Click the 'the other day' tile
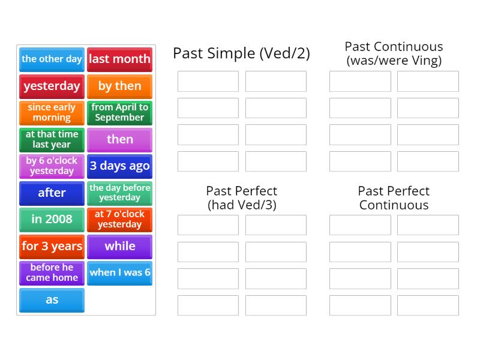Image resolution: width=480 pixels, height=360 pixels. click(x=52, y=59)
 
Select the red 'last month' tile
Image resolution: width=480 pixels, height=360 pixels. click(x=119, y=59)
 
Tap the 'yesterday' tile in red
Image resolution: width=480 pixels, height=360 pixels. click(x=52, y=86)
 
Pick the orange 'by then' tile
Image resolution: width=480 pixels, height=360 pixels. click(x=119, y=86)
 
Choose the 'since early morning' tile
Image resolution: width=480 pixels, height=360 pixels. click(x=52, y=113)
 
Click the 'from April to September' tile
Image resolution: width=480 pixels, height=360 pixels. click(x=119, y=113)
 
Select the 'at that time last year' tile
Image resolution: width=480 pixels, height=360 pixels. click(x=52, y=140)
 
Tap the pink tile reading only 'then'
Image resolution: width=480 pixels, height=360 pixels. click(x=119, y=140)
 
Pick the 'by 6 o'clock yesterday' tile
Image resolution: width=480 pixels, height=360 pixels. click(x=52, y=167)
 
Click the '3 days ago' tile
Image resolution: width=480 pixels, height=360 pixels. click(x=119, y=167)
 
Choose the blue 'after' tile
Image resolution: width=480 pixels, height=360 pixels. click(x=52, y=193)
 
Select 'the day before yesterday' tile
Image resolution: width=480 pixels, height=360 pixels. click(x=119, y=193)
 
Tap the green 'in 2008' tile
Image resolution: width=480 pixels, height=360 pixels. click(x=52, y=220)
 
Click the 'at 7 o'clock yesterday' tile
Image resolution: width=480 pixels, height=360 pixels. click(x=119, y=220)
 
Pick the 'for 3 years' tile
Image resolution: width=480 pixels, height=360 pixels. click(x=52, y=247)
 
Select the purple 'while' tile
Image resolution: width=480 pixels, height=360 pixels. click(x=119, y=247)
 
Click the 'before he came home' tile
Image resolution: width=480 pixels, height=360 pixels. click(x=52, y=274)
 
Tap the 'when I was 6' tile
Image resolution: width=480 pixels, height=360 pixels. click(x=119, y=274)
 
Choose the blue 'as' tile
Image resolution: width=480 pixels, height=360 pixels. click(x=52, y=301)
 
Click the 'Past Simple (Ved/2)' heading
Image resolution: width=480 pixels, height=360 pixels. click(x=242, y=53)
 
